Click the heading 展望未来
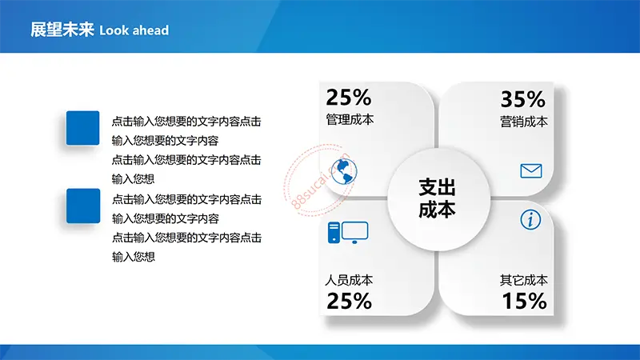tap(62, 30)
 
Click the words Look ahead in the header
tap(134, 30)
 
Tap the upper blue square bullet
tap(83, 128)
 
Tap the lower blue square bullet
tap(83, 206)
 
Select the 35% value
tap(523, 99)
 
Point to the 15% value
tap(525, 302)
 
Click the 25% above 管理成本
tap(349, 98)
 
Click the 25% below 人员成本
tap(349, 302)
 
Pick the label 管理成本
tap(350, 119)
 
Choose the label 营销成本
tap(524, 122)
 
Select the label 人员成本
tap(349, 280)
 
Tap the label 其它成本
tap(524, 280)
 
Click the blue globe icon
tap(344, 171)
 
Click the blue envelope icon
tap(531, 170)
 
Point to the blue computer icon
tap(348, 233)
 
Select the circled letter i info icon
tap(530, 219)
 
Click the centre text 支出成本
tap(437, 198)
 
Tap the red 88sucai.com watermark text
tap(321, 181)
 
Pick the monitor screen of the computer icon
tap(354, 230)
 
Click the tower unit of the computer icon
tap(334, 233)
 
